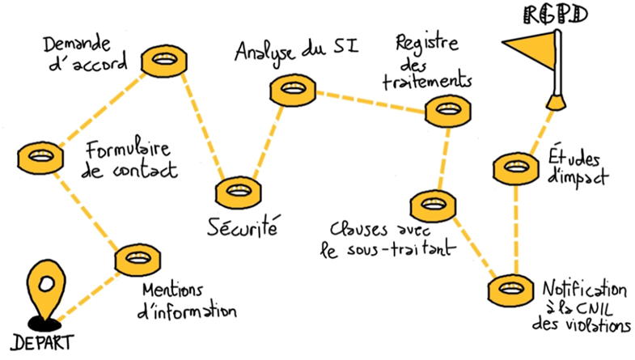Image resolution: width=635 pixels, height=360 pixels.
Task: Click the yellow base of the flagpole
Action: tap(557, 101)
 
